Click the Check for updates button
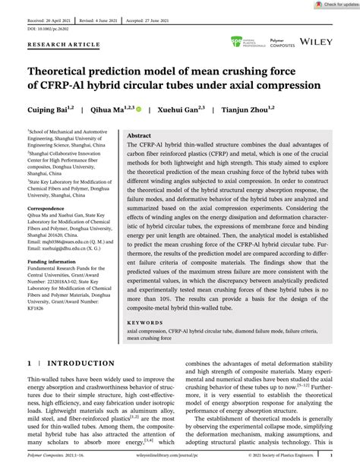[334, 5]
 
